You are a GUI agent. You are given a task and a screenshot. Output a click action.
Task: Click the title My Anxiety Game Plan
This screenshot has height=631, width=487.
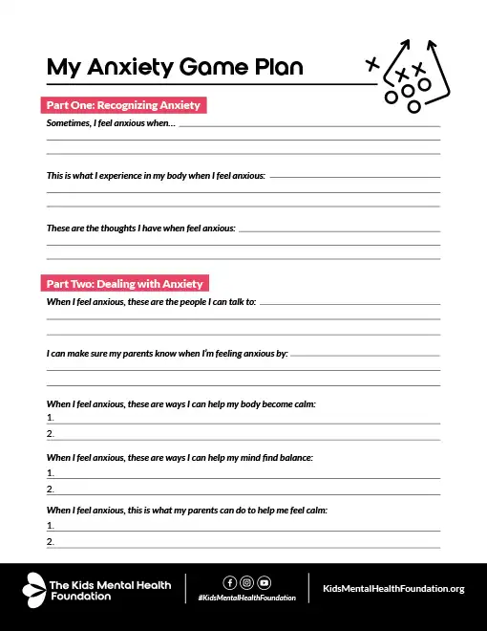(x=175, y=67)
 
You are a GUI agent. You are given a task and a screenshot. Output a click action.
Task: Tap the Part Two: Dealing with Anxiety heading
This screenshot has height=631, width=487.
(x=124, y=284)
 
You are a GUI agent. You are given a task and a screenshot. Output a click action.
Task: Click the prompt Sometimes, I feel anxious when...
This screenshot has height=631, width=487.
(x=111, y=124)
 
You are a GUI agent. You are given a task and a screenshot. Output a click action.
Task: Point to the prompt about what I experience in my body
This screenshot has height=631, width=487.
(x=156, y=177)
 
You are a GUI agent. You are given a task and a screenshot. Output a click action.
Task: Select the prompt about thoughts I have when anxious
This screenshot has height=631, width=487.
(x=140, y=228)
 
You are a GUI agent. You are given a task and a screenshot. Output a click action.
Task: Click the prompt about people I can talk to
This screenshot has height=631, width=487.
(x=151, y=301)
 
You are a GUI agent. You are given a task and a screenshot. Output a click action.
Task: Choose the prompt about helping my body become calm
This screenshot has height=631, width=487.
(x=180, y=404)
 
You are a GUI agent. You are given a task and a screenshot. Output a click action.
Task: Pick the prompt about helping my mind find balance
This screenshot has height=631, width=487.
(x=180, y=458)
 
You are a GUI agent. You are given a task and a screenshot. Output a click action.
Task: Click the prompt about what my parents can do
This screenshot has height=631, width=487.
(x=186, y=511)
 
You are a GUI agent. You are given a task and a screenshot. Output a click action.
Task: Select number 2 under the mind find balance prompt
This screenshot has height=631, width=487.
(x=50, y=490)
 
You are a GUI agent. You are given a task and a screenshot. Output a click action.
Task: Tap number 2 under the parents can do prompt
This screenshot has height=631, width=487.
(x=50, y=542)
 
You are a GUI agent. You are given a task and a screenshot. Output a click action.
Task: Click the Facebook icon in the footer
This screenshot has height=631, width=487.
(x=229, y=582)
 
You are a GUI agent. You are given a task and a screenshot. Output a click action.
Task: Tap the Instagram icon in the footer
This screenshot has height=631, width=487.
(x=246, y=582)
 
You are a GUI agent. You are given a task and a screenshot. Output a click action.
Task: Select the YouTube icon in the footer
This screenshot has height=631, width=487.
(x=265, y=582)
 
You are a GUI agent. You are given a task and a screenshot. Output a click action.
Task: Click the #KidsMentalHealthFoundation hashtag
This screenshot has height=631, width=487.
(x=246, y=598)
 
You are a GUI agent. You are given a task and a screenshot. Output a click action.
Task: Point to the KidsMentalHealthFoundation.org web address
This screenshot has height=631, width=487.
(x=394, y=589)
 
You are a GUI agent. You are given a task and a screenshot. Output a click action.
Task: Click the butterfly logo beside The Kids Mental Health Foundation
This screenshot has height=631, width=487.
(x=34, y=587)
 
